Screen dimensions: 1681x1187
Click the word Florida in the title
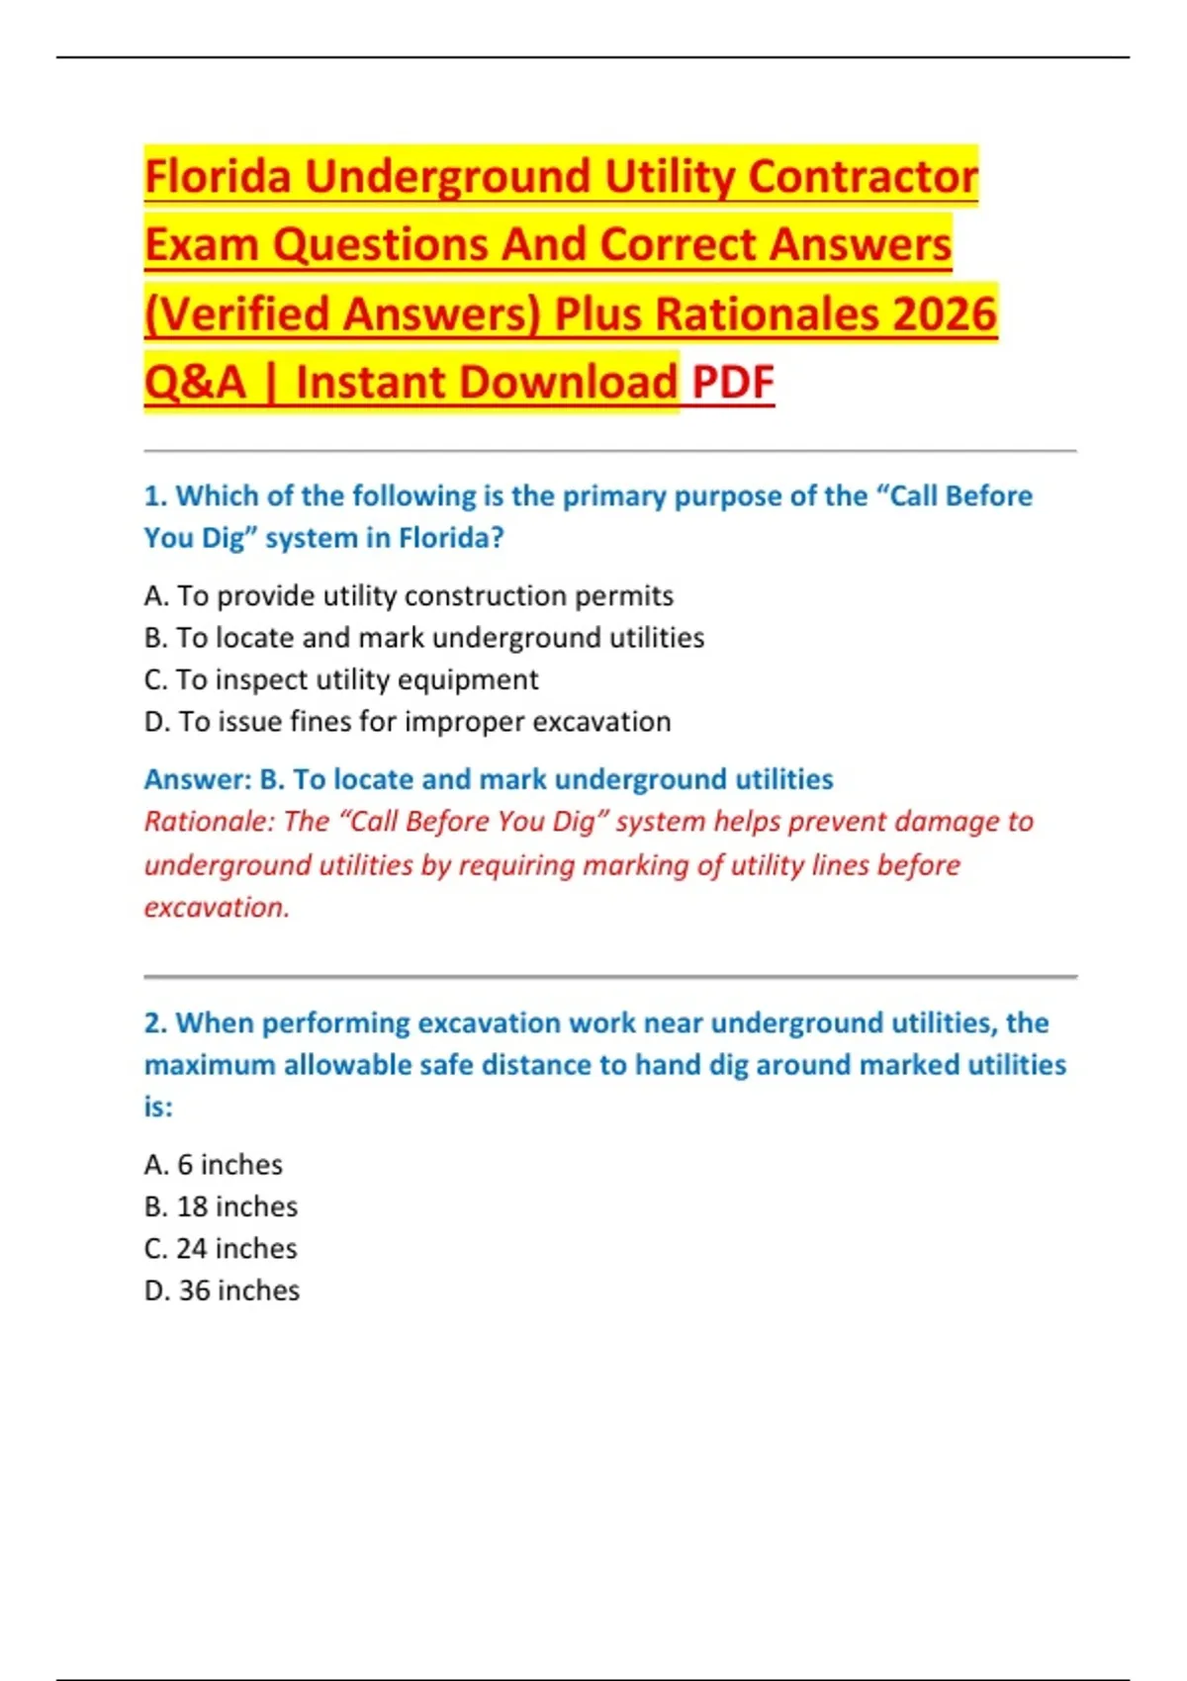point(218,177)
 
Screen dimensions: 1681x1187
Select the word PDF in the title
point(733,383)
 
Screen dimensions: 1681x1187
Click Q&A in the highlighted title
point(195,383)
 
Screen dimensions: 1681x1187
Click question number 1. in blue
point(155,496)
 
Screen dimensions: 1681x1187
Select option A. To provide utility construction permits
point(409,596)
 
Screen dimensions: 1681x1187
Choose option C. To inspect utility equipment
point(341,680)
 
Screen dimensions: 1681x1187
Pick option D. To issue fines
point(408,722)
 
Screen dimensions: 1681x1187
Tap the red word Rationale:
point(209,822)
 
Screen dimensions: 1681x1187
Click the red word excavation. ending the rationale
point(217,908)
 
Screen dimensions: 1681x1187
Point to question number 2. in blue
point(155,1023)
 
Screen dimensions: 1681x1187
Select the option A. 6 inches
point(214,1165)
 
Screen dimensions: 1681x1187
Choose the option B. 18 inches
point(221,1207)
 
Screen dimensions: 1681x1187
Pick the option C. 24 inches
point(221,1249)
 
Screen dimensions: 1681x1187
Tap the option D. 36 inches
point(222,1291)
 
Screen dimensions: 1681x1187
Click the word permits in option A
point(627,596)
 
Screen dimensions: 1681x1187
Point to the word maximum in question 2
point(209,1065)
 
